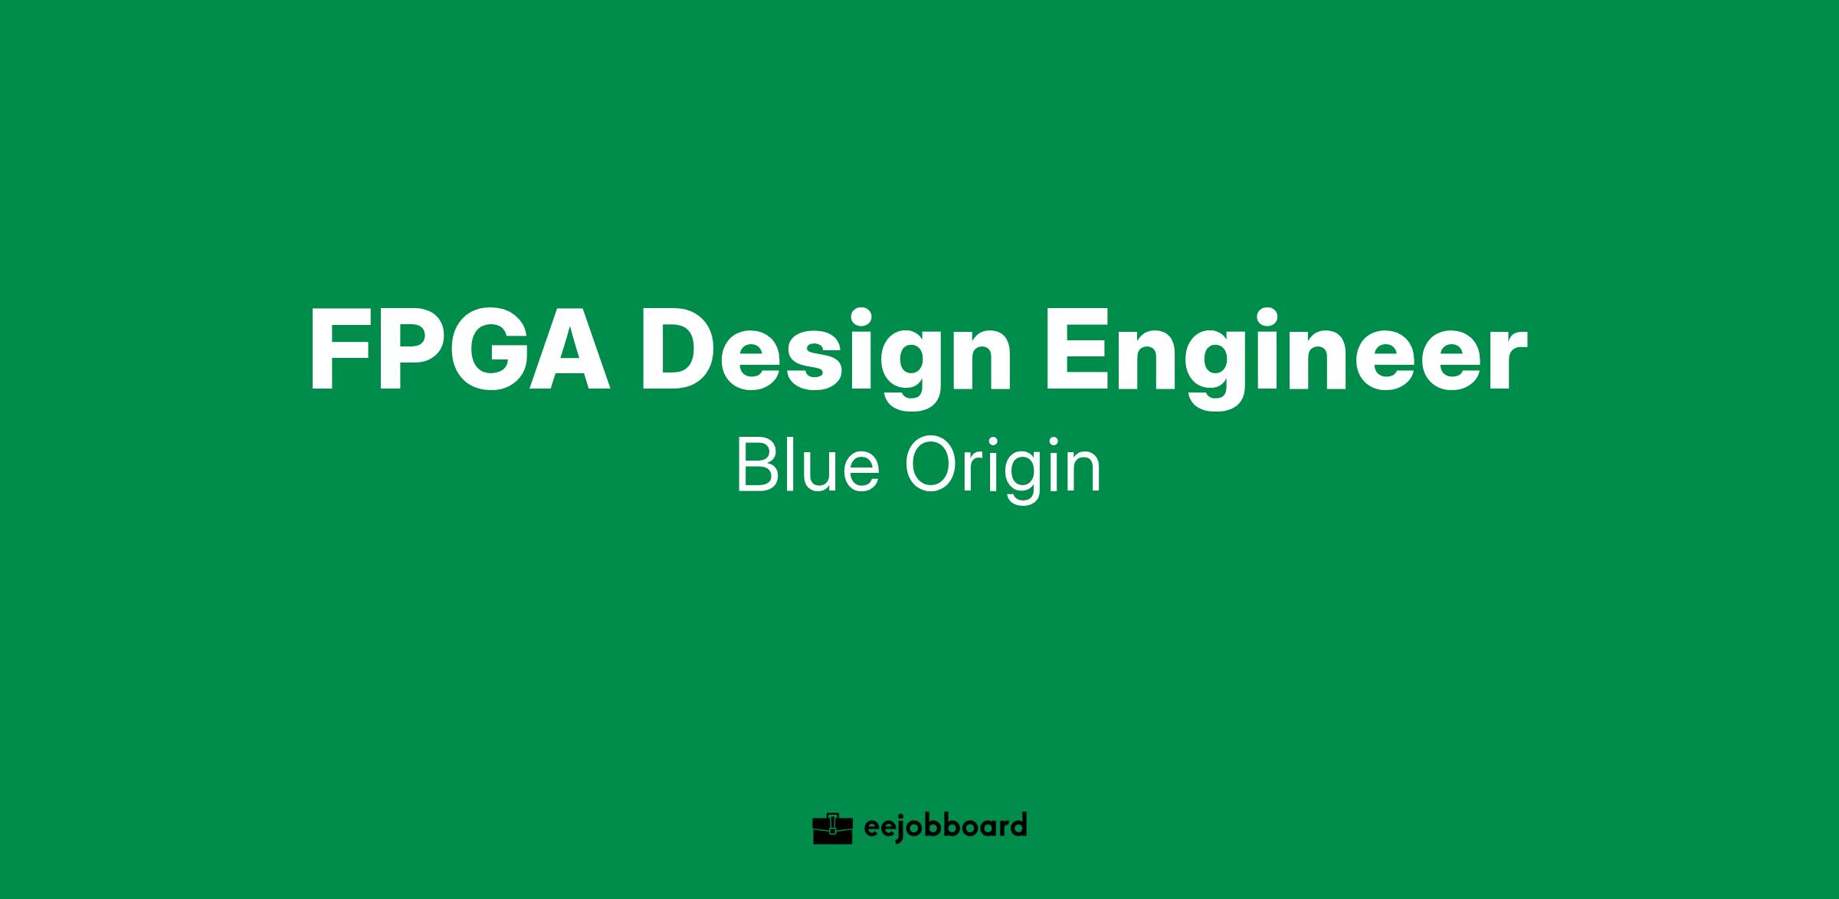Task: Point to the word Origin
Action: (x=1003, y=471)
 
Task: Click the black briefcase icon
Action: (x=832, y=828)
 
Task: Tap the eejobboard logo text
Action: (x=945, y=827)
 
